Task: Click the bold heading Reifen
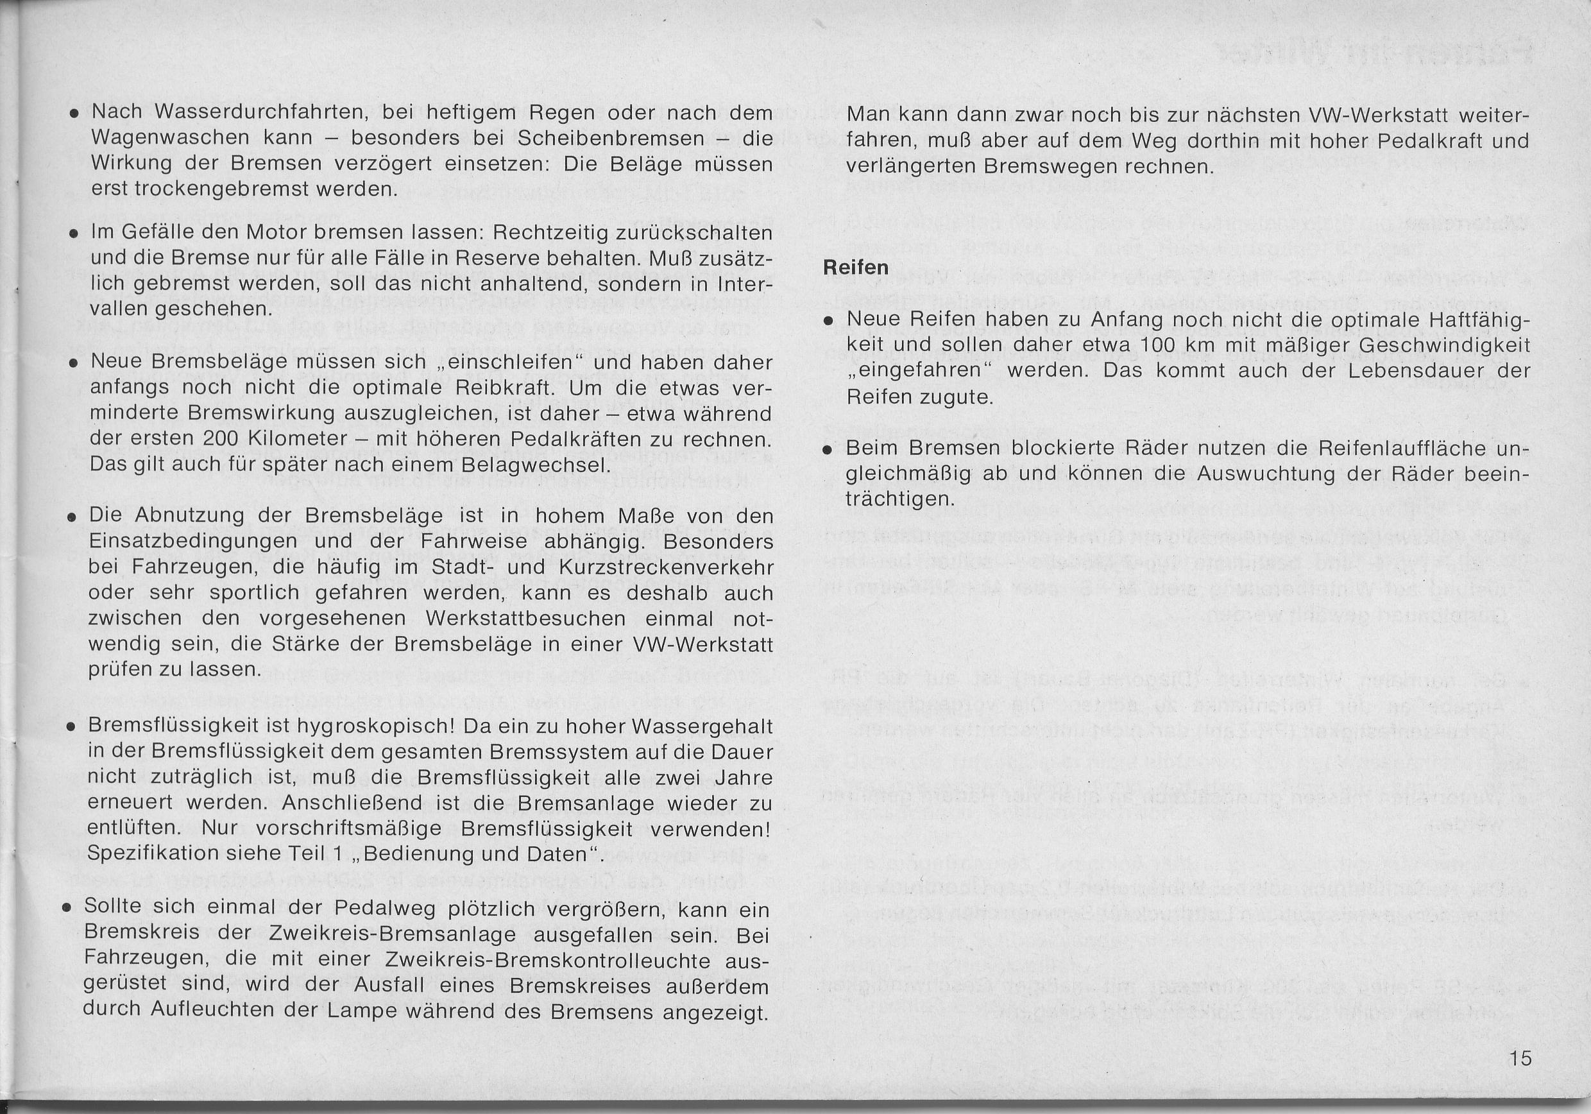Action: (x=856, y=268)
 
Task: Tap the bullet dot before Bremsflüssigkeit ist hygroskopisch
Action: (x=71, y=728)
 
